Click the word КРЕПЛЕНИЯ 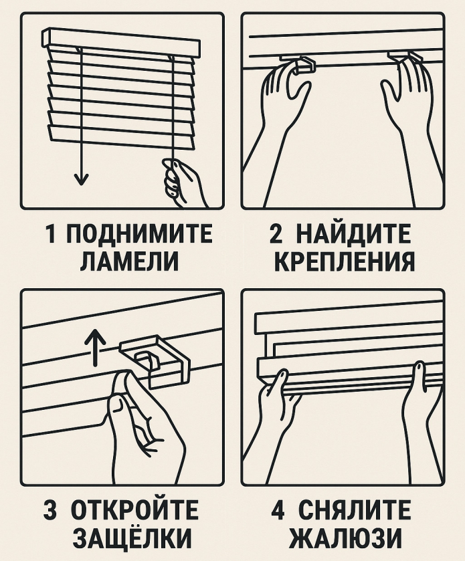pos(343,261)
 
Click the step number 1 pos(51,235)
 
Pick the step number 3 pos(51,511)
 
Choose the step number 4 pos(278,511)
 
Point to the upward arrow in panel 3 pos(94,345)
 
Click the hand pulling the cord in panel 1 pos(183,182)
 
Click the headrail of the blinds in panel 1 pos(120,41)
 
